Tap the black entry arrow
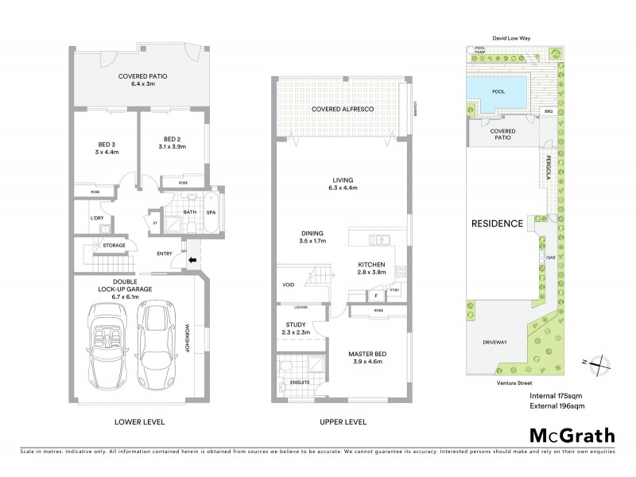(192, 258)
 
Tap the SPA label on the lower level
(212, 212)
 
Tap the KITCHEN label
(371, 268)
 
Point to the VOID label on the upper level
(289, 285)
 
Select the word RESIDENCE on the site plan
(498, 223)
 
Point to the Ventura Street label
(507, 382)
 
